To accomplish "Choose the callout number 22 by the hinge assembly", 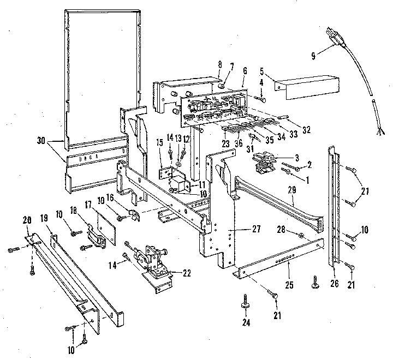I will pyautogui.click(x=187, y=273).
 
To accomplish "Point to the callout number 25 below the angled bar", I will pyautogui.click(x=289, y=268).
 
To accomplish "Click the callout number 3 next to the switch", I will pyautogui.click(x=296, y=157).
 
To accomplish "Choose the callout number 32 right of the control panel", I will pyautogui.click(x=306, y=130).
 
